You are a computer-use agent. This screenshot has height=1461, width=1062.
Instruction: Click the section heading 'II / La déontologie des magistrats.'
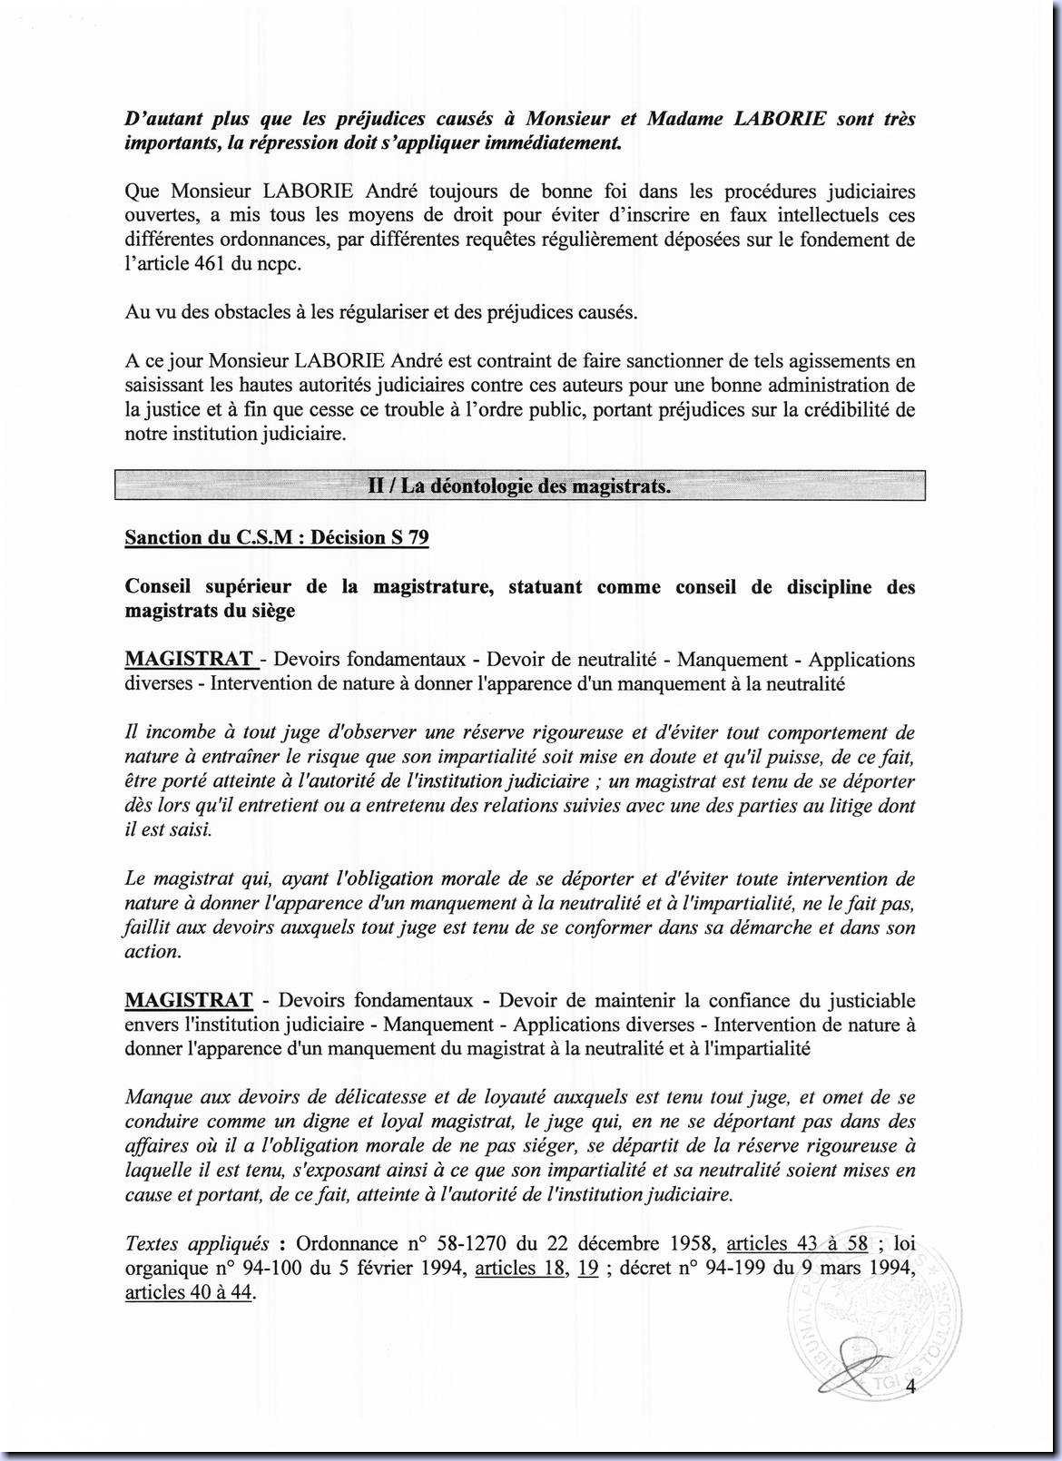519,486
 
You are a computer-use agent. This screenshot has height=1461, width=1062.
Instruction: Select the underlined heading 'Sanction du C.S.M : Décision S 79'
277,537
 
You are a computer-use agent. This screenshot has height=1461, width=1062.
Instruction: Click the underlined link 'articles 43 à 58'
797,1244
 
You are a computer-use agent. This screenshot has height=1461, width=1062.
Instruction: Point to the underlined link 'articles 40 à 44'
189,1292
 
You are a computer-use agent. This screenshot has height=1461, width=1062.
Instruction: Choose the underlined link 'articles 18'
519,1269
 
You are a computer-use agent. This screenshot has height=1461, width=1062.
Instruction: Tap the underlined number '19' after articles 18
587,1269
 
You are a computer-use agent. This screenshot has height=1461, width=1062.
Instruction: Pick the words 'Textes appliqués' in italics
196,1244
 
